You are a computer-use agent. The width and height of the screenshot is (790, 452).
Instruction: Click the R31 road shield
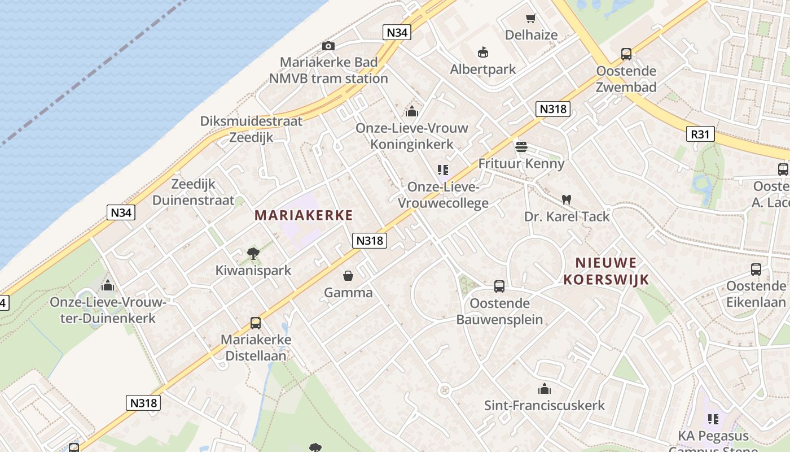pyautogui.click(x=701, y=134)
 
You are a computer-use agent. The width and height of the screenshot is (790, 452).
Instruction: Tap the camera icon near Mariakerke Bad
pyautogui.click(x=328, y=46)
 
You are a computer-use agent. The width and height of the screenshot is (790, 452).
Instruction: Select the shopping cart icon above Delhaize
pyautogui.click(x=530, y=19)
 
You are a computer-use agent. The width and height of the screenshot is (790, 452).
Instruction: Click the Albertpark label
pyautogui.click(x=483, y=69)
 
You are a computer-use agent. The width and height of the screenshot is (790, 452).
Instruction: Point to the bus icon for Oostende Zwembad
pyautogui.click(x=626, y=54)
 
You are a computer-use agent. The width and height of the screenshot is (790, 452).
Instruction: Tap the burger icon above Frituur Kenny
pyautogui.click(x=521, y=147)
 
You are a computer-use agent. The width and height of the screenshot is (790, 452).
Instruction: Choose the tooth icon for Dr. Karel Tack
pyautogui.click(x=567, y=200)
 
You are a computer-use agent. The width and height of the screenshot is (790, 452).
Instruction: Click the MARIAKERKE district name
pyautogui.click(x=304, y=215)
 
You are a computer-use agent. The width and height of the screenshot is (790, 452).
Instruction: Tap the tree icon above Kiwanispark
pyautogui.click(x=253, y=254)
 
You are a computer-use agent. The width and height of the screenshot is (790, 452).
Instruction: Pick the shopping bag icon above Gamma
pyautogui.click(x=348, y=276)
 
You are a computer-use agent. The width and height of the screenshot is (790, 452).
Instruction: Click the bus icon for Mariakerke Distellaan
pyautogui.click(x=256, y=323)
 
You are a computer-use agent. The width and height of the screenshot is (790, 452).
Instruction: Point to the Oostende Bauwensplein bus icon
pyautogui.click(x=499, y=286)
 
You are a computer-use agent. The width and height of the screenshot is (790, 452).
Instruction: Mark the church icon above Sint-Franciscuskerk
pyautogui.click(x=545, y=389)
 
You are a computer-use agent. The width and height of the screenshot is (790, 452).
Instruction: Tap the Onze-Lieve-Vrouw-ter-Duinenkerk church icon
pyautogui.click(x=107, y=285)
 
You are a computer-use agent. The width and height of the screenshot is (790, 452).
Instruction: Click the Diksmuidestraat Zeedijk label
pyautogui.click(x=251, y=129)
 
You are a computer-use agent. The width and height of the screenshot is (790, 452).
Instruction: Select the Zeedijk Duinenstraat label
pyautogui.click(x=193, y=192)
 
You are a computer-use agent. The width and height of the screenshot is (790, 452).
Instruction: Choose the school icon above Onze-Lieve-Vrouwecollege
pyautogui.click(x=443, y=170)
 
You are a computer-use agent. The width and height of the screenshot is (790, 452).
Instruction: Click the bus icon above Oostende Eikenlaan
pyautogui.click(x=756, y=270)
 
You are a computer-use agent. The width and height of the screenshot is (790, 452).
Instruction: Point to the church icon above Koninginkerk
pyautogui.click(x=412, y=111)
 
